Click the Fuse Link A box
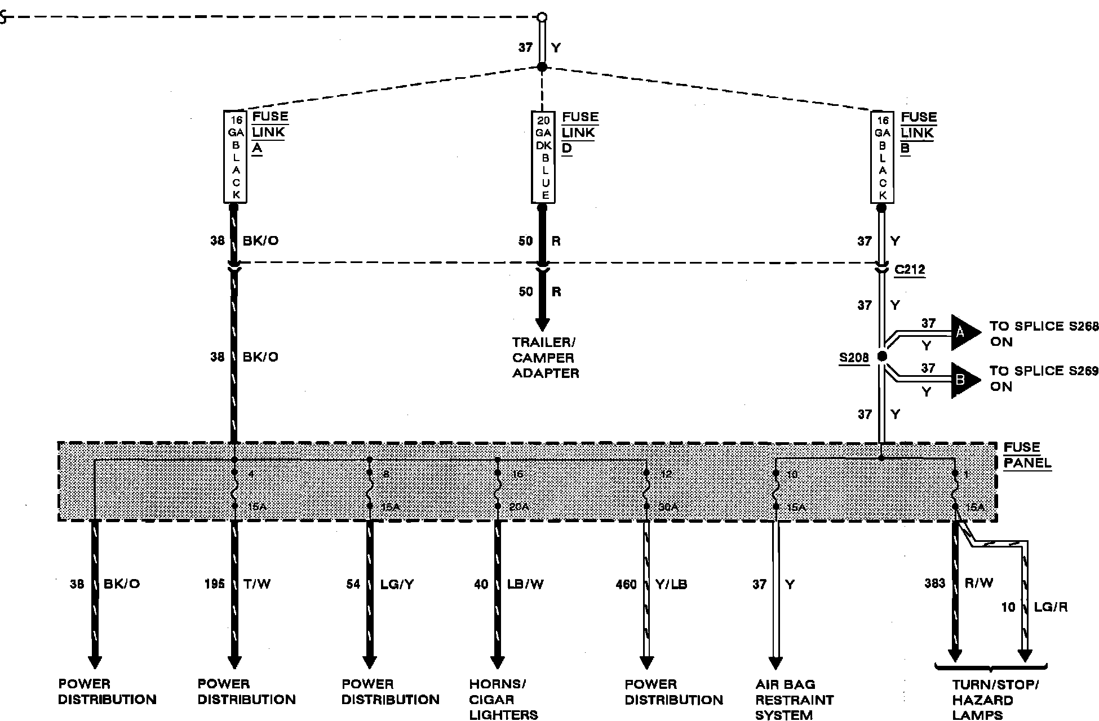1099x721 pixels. tap(236, 157)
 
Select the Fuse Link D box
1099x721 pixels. tap(543, 157)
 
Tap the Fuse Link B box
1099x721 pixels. tap(883, 157)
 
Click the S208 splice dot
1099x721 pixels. tap(883, 356)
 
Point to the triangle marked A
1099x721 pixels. tap(963, 333)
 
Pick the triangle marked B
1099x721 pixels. tap(963, 380)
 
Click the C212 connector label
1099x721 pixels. tap(910, 270)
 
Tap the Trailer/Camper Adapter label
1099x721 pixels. tap(545, 358)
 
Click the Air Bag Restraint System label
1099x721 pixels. tap(794, 700)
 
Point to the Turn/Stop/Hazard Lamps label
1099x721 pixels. tap(995, 700)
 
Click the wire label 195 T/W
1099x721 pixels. tap(237, 584)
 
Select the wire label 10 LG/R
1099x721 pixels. tap(1034, 607)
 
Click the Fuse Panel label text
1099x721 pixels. tap(1027, 456)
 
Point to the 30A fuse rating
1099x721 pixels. tap(668, 507)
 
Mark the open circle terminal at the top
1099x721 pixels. tap(542, 17)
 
